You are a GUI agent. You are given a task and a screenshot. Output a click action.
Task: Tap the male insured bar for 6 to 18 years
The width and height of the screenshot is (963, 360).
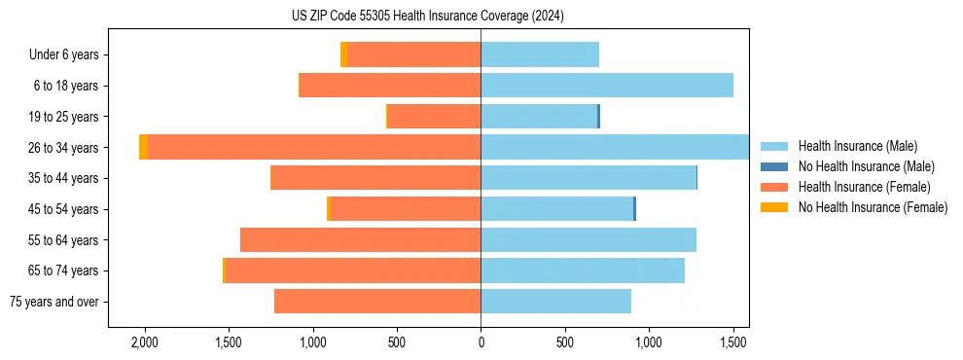[x=606, y=86]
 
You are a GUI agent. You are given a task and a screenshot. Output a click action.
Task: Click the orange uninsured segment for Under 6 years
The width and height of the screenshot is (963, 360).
[x=343, y=54]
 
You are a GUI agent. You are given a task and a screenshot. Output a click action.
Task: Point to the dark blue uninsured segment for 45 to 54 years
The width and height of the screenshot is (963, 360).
[x=634, y=208]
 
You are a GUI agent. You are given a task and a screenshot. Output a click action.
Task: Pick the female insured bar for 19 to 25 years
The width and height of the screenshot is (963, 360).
[x=434, y=117]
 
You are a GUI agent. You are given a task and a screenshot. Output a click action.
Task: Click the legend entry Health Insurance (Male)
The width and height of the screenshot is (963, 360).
[x=857, y=146]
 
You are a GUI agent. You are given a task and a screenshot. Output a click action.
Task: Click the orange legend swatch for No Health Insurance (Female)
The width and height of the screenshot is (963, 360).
[x=773, y=207]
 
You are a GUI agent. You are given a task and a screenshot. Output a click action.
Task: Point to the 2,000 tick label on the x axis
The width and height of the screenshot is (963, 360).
[x=145, y=342]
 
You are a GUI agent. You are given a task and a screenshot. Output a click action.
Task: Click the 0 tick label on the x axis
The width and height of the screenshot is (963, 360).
[x=481, y=342]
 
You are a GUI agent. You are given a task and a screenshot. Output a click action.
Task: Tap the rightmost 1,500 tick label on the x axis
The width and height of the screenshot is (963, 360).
[x=732, y=342]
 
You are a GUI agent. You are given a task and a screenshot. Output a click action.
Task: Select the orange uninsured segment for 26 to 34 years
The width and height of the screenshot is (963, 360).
[x=143, y=147]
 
